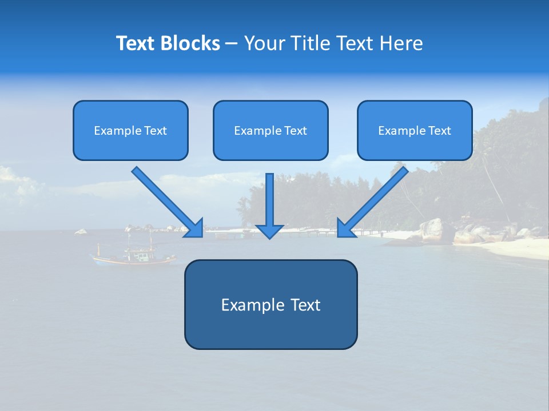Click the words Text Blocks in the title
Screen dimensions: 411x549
point(168,43)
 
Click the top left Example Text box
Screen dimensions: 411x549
point(130,131)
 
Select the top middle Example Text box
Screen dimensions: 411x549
point(270,131)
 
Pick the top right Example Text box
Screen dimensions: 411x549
point(415,131)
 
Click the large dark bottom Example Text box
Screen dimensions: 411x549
point(270,304)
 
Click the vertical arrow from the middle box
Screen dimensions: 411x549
point(269,200)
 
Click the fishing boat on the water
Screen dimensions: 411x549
point(134,255)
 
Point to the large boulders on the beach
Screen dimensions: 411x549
point(435,229)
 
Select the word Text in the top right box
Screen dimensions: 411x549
point(440,131)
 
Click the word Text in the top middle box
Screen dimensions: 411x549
point(296,131)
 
